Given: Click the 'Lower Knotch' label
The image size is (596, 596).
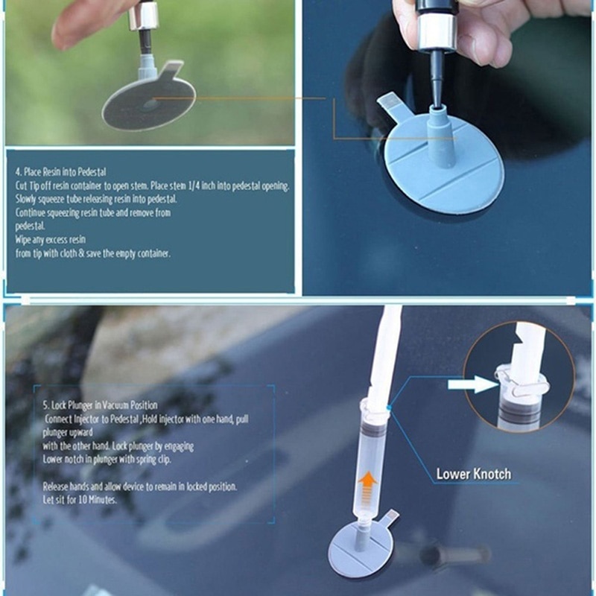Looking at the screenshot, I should tap(474, 474).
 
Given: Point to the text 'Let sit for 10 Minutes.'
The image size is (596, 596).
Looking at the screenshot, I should tap(80, 499).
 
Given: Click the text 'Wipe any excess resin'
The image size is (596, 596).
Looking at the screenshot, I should tap(51, 240).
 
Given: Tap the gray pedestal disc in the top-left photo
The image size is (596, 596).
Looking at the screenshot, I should tap(148, 104).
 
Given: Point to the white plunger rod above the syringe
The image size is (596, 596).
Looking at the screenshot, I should tap(385, 350).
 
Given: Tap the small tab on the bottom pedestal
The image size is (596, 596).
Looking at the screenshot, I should tap(391, 515).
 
